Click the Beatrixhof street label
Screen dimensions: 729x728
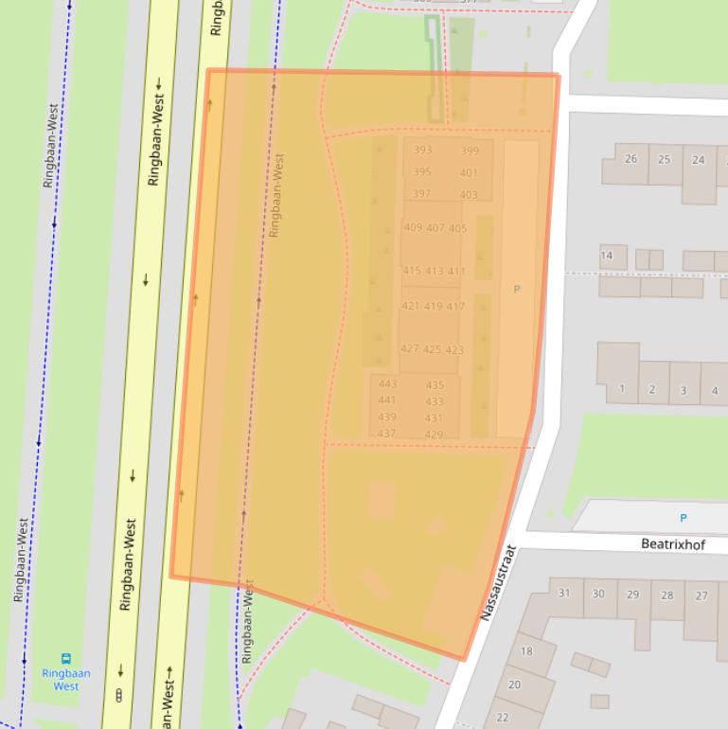pos(672,544)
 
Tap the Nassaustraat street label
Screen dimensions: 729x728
pos(498,582)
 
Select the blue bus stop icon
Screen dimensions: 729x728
pos(66,658)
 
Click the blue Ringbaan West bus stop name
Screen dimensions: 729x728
pos(66,680)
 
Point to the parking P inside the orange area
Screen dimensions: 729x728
pos(517,289)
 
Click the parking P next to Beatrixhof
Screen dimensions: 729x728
pos(684,518)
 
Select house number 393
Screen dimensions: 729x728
pos(422,151)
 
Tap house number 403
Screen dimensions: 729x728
pos(469,196)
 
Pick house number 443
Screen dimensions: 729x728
pos(387,384)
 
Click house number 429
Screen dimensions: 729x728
pos(434,436)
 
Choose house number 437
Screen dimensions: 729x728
pos(386,434)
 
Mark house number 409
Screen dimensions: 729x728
pos(413,228)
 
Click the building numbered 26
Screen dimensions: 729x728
pos(630,159)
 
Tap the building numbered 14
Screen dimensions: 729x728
pos(607,256)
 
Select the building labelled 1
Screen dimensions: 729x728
pos(622,389)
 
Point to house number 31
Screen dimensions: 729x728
pos(564,594)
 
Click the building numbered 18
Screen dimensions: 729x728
pos(526,651)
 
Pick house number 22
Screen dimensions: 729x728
pos(503,718)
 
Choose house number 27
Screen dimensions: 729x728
pos(701,596)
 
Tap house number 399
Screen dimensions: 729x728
pos(470,151)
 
